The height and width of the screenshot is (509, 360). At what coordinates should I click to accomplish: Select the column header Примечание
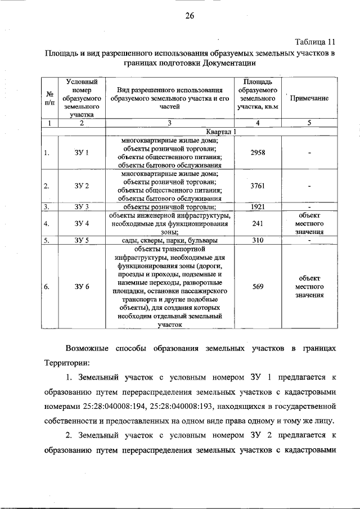(309, 98)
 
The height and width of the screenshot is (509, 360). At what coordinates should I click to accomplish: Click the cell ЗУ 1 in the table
(82, 153)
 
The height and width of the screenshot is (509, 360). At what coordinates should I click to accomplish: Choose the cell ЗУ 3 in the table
(82, 206)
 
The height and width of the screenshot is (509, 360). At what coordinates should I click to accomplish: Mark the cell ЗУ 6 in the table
(82, 286)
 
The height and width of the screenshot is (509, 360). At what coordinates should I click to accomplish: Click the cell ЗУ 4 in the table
(82, 223)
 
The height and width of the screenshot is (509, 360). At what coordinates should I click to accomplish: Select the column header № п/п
(50, 98)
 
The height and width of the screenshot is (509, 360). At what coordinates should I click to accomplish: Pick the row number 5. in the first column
(48, 240)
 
